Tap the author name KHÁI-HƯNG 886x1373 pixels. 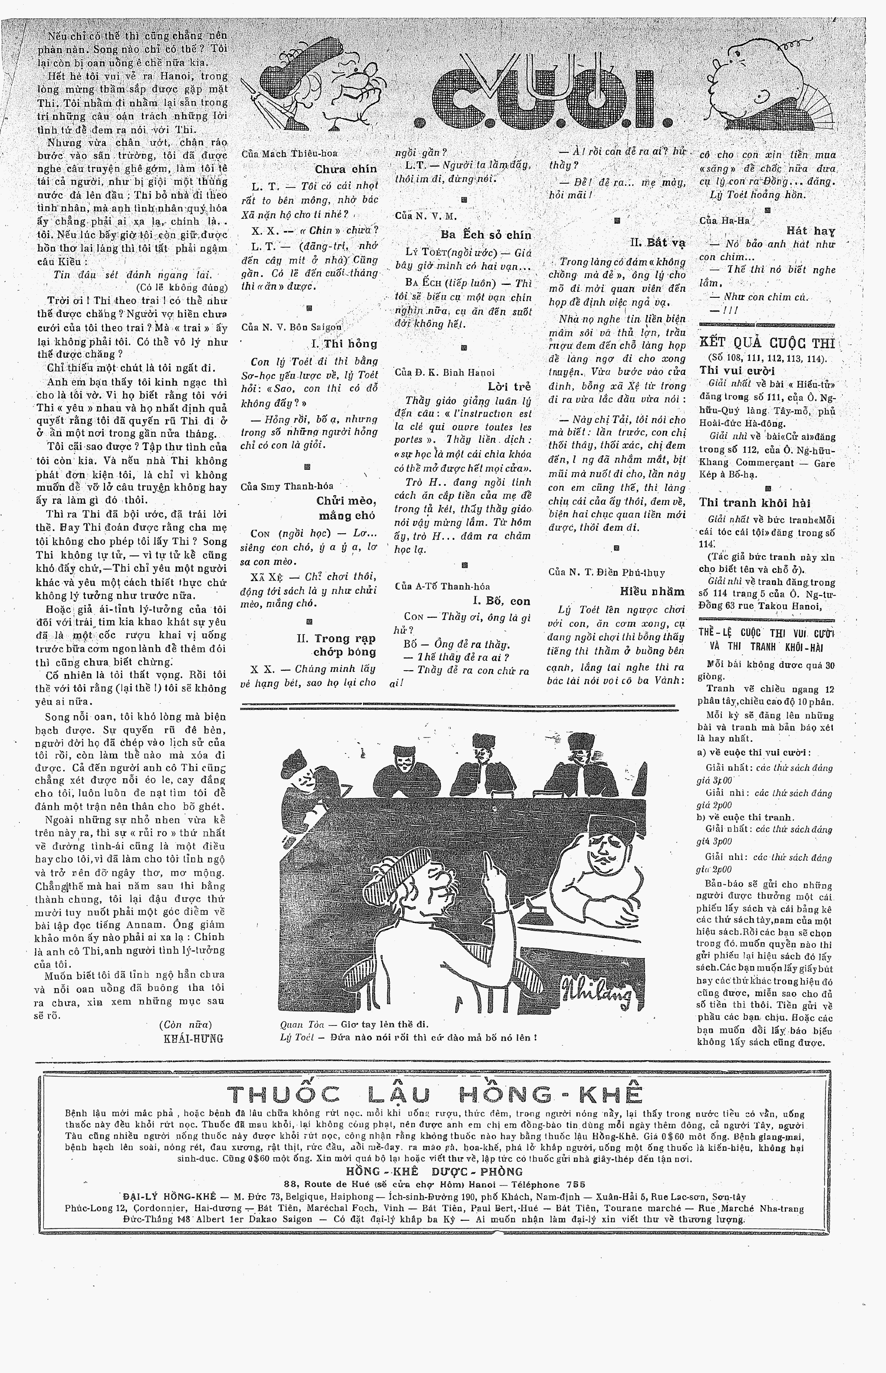coord(193,1039)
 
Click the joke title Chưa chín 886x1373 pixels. coord(345,169)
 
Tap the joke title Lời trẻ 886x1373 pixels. coord(509,386)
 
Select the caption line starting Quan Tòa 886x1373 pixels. coord(354,1024)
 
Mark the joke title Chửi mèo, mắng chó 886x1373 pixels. coord(345,508)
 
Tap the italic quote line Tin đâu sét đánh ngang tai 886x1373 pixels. coord(133,275)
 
